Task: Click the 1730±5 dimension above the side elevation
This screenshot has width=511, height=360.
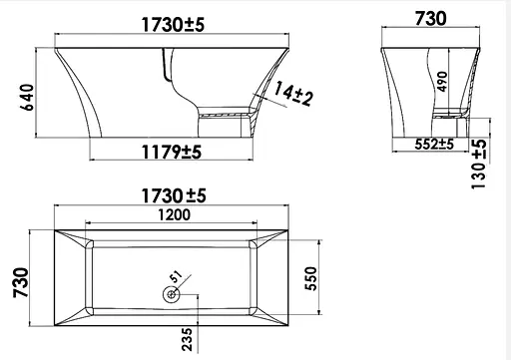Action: pos(173,25)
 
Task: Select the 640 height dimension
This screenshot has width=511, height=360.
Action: pos(27,98)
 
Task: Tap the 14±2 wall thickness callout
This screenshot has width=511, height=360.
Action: pos(293,94)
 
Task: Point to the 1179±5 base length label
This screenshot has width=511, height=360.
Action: pos(172,152)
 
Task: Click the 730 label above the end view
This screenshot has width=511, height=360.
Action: pos(430,19)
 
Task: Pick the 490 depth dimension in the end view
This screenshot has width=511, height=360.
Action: pos(442,81)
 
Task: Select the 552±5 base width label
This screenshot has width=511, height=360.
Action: pos(434,145)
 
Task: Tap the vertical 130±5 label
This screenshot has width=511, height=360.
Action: pos(479,164)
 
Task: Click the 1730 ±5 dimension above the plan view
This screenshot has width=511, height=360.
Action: pos(174,195)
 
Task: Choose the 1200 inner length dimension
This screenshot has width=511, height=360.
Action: pos(174,214)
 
